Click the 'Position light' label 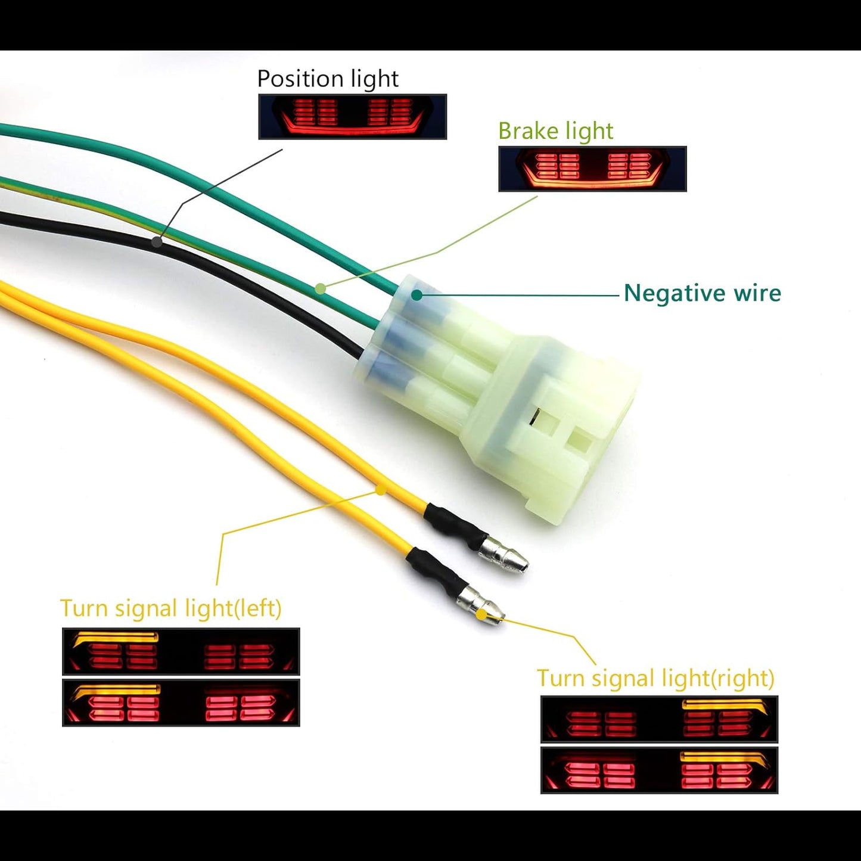pyautogui.click(x=328, y=79)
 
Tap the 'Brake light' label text pyautogui.click(x=555, y=131)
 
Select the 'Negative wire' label pyautogui.click(x=702, y=293)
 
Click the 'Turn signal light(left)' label pyautogui.click(x=170, y=608)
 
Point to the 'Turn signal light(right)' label pyautogui.click(x=655, y=678)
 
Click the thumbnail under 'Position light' pyautogui.click(x=352, y=117)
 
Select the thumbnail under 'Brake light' pyautogui.click(x=592, y=169)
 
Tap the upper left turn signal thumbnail pyautogui.click(x=181, y=651)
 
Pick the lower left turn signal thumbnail pyautogui.click(x=181, y=703)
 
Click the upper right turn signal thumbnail pyautogui.click(x=659, y=719)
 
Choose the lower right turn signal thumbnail pyautogui.click(x=659, y=770)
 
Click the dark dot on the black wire pyautogui.click(x=157, y=241)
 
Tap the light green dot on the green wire pyautogui.click(x=321, y=289)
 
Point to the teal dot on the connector pyautogui.click(x=416, y=294)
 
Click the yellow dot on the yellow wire pyautogui.click(x=380, y=490)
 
